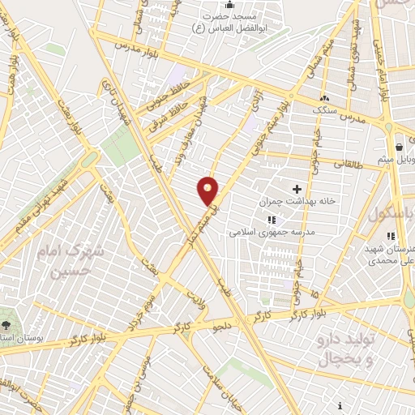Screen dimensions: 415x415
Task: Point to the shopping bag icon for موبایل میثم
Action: [399, 147]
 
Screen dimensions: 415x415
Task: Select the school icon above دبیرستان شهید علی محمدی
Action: [391, 236]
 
